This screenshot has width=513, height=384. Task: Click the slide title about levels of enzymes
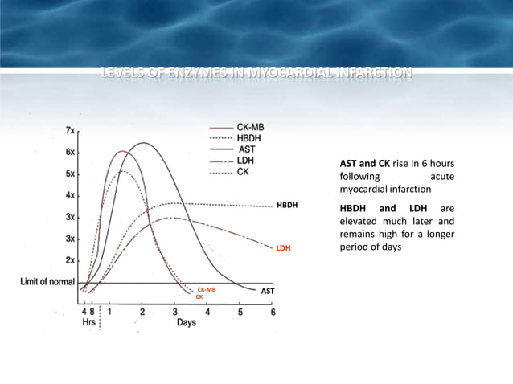tap(256, 76)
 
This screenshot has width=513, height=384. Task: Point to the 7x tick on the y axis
tap(71, 130)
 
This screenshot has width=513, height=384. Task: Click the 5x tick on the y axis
tap(71, 174)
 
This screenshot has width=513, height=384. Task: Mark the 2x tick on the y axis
tap(71, 260)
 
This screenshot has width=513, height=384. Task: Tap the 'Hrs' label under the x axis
tap(88, 323)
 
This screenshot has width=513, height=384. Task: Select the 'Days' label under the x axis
tap(188, 323)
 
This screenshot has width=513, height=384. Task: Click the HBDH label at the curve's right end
tap(287, 206)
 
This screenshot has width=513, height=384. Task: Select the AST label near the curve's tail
tap(269, 292)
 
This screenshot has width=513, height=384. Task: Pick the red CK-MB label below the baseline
tap(206, 289)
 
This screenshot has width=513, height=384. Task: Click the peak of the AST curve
tap(144, 143)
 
